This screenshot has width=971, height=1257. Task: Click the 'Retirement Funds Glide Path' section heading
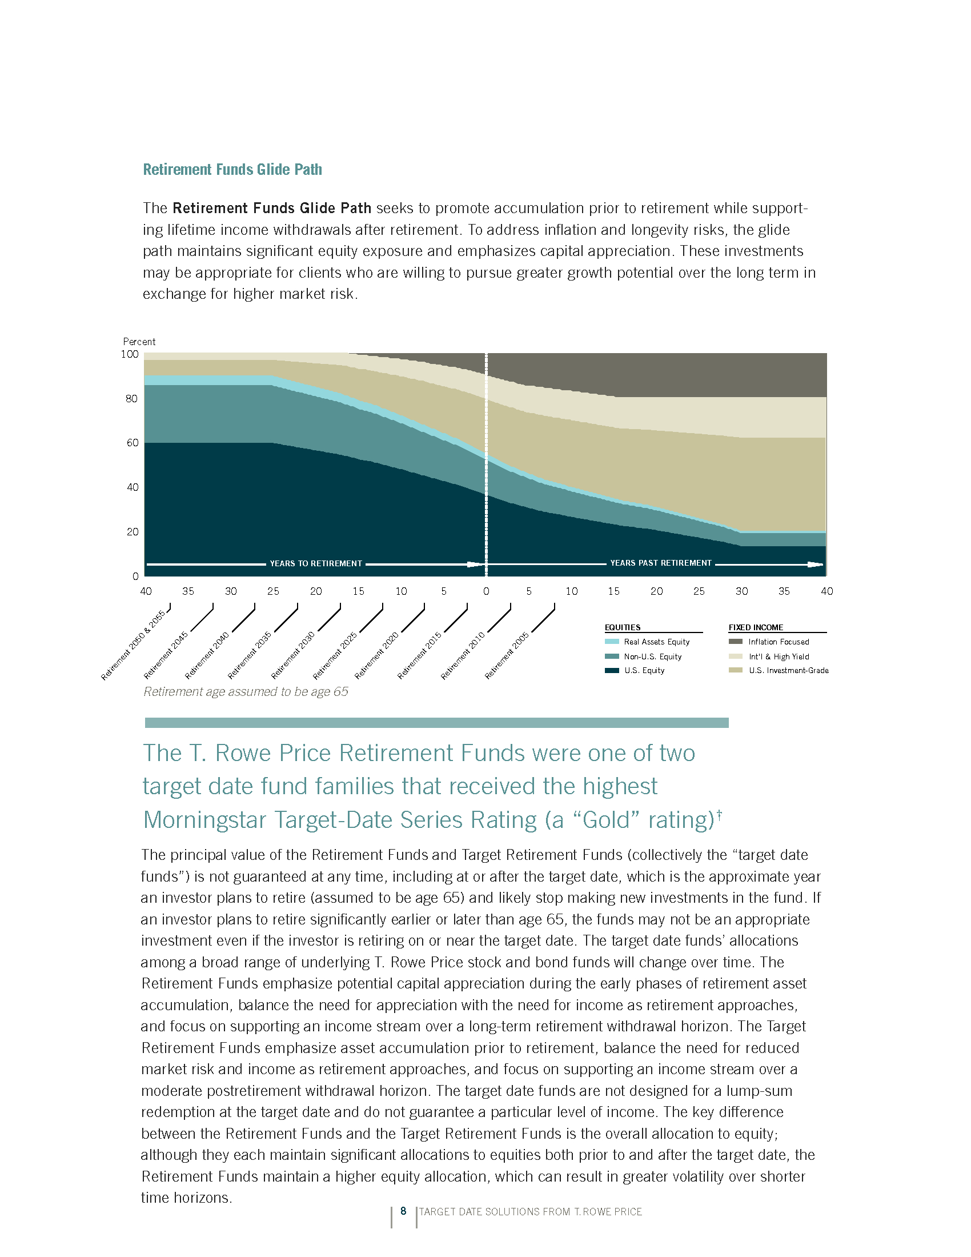(232, 169)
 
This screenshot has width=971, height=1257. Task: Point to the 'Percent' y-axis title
(139, 341)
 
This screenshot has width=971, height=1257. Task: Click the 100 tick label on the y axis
(130, 354)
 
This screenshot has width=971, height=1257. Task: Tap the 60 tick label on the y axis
(133, 443)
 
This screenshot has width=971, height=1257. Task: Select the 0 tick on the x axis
(486, 591)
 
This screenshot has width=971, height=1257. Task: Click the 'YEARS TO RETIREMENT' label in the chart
(316, 563)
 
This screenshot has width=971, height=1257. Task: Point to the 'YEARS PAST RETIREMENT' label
(660, 563)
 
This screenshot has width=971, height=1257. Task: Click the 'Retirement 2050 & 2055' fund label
(133, 645)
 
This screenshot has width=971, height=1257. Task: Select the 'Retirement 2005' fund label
(506, 655)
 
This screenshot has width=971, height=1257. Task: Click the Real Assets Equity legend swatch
(612, 642)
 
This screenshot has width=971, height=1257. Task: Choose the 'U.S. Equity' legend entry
(644, 671)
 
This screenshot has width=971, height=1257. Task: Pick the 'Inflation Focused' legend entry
(779, 642)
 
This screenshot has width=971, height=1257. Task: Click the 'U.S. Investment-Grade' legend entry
(788, 671)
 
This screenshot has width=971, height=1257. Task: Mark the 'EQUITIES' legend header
(623, 627)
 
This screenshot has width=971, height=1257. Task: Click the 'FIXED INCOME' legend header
(756, 627)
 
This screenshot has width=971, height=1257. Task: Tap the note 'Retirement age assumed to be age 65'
(246, 692)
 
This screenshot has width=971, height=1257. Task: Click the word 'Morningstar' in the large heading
(204, 819)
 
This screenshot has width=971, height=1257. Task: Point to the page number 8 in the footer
(403, 1211)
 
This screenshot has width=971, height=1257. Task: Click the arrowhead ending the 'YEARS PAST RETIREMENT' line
(816, 565)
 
